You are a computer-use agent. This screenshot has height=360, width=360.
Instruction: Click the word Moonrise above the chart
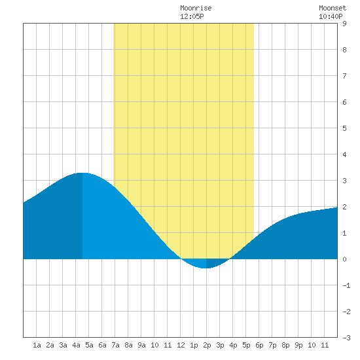(x=196, y=8)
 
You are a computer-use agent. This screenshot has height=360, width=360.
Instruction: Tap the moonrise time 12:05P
(x=192, y=16)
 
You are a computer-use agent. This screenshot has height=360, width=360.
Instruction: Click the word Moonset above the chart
(x=333, y=8)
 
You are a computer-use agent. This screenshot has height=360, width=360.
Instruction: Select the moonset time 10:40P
(x=331, y=16)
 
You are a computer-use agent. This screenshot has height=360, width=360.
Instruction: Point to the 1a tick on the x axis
(x=37, y=345)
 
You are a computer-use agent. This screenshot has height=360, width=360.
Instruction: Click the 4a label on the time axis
(x=76, y=345)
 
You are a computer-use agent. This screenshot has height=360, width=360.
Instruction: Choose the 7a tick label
(x=115, y=345)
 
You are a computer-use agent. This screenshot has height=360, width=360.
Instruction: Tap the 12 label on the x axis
(x=181, y=345)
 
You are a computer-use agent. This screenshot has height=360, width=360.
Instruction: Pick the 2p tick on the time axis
(x=207, y=345)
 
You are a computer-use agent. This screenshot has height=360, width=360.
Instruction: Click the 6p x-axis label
(x=259, y=345)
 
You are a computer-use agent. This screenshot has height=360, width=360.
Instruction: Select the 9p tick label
(x=298, y=345)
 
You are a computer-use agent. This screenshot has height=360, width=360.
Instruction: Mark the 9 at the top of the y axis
(x=344, y=24)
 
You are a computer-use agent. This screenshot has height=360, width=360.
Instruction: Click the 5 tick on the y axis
(x=344, y=128)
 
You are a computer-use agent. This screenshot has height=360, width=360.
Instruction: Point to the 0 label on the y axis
(x=344, y=259)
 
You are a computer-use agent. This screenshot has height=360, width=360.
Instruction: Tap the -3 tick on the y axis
(x=346, y=338)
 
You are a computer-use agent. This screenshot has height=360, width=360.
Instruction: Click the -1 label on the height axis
(x=346, y=285)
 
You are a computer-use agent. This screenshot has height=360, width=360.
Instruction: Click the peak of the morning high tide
(x=82, y=173)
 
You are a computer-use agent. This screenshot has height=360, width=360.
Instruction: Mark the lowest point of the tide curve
(x=206, y=268)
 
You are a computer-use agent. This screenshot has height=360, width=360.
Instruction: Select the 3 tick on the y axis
(x=344, y=181)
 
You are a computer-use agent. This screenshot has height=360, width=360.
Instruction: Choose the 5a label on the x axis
(x=89, y=345)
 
